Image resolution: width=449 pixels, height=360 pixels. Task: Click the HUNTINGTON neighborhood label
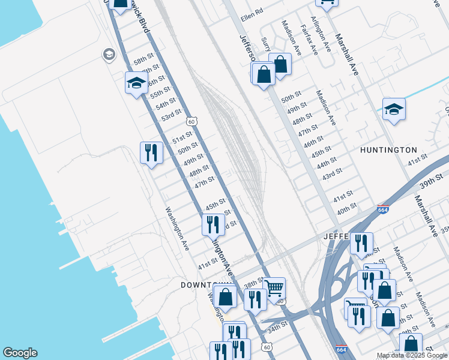[388, 150]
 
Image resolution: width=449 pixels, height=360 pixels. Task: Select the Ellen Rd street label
[252, 11]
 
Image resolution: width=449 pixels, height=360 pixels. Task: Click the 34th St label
[278, 329]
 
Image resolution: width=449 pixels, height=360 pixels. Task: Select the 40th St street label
[347, 207]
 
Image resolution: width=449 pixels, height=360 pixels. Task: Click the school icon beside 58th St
[136, 83]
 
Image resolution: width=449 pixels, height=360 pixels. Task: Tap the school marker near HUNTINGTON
[394, 109]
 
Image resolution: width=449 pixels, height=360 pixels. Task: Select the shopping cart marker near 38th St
[274, 288]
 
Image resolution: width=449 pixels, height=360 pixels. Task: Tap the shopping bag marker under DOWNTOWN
[226, 296]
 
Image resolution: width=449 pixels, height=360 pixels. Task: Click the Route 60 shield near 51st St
[191, 121]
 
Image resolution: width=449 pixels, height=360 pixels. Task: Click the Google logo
[20, 353]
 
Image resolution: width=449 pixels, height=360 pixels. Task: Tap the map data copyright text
[412, 356]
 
